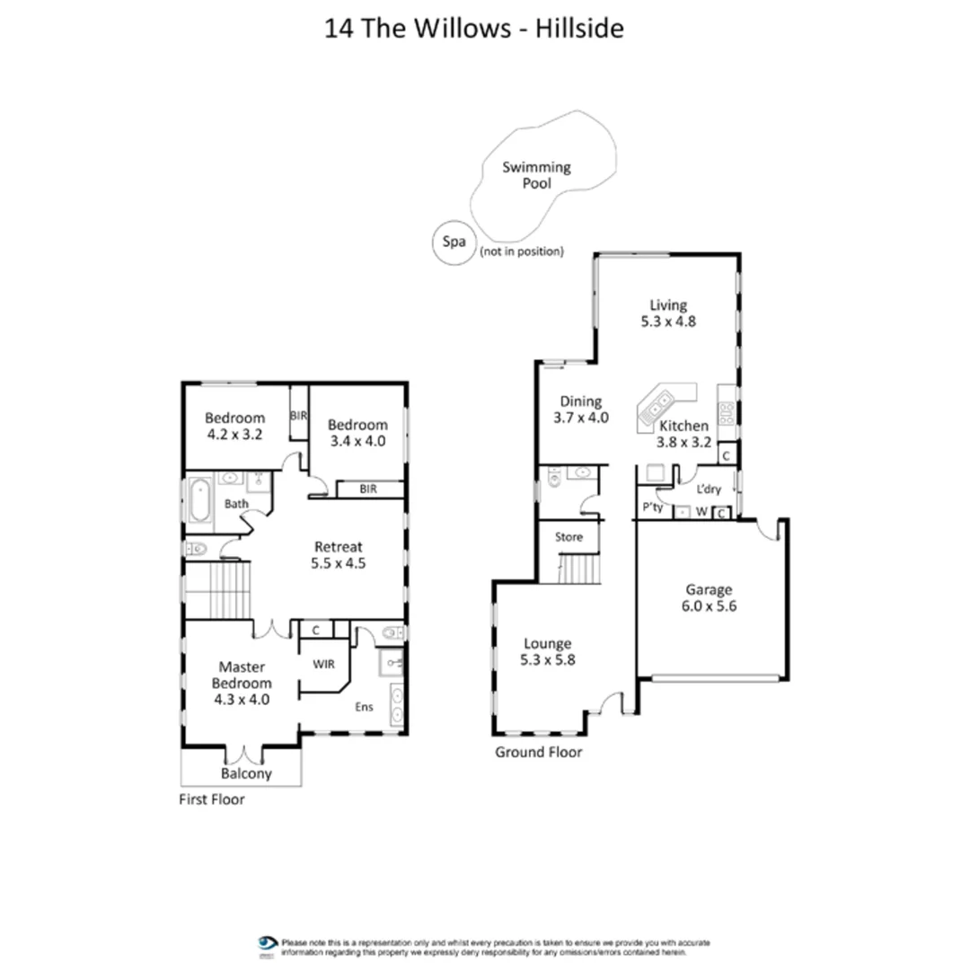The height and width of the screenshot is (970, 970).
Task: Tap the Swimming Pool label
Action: [537, 175]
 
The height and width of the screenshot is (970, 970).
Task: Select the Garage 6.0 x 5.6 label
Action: [710, 598]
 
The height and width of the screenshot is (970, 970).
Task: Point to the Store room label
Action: [569, 537]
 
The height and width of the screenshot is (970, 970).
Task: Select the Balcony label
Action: [246, 773]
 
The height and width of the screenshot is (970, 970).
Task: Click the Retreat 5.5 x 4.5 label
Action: [338, 555]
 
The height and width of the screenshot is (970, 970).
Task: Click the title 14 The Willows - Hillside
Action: [474, 28]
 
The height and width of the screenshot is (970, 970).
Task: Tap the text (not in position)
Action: [522, 251]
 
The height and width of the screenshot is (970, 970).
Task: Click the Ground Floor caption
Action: [538, 752]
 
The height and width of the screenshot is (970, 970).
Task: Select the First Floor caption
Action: [211, 798]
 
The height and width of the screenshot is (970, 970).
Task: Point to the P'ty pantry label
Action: [651, 507]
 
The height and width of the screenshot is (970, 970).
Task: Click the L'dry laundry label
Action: [710, 489]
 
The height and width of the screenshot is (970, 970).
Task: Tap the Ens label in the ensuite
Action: [363, 707]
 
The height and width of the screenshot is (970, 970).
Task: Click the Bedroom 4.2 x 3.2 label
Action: [234, 426]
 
